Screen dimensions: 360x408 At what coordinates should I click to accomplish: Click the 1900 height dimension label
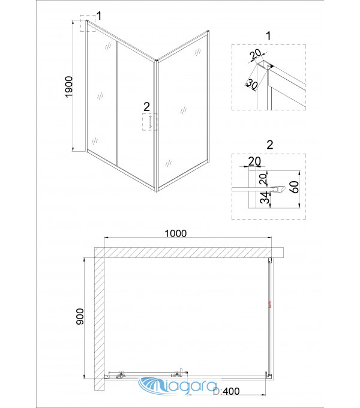point(69,86)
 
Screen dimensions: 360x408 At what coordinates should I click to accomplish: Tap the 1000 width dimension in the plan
point(176,233)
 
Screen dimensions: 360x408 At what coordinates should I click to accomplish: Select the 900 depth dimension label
point(80,316)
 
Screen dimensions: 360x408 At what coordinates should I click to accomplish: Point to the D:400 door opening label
point(226,391)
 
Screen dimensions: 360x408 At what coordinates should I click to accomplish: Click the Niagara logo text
point(177,385)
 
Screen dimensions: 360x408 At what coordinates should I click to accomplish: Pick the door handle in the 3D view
point(149,122)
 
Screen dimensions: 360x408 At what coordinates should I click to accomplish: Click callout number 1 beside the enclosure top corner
point(98,16)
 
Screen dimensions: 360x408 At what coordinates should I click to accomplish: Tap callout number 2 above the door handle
point(147,107)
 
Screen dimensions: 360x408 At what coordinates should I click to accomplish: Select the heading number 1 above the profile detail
point(268,35)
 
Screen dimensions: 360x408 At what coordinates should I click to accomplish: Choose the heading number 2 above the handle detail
point(270,145)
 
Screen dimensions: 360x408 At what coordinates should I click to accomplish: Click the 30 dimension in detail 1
point(251,84)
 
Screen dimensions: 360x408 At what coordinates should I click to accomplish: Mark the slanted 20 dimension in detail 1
point(256,54)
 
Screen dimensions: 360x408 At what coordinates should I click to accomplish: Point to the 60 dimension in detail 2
point(294,187)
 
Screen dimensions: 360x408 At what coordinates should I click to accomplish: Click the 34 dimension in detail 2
point(264,197)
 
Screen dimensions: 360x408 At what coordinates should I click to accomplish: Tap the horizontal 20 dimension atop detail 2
point(254,161)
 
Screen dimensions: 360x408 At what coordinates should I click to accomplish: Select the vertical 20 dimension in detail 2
point(263,179)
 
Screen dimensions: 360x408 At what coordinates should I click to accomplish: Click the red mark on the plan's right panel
point(270,304)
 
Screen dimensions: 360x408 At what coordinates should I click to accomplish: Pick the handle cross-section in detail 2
point(278,190)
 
